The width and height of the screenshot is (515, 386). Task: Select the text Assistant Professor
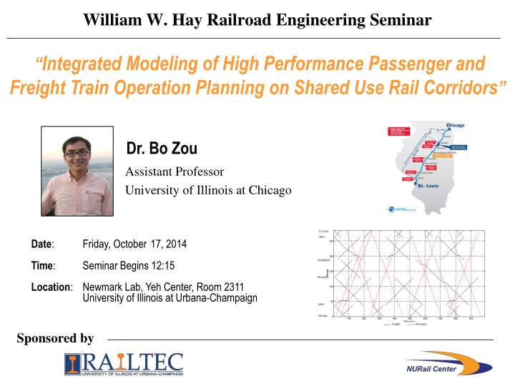point(175,172)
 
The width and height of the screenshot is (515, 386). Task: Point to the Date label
point(43,244)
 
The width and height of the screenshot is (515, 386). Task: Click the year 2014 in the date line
point(176,244)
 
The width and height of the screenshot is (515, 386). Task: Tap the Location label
point(51,287)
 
